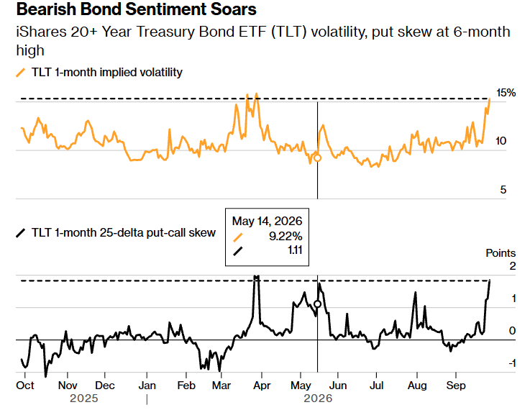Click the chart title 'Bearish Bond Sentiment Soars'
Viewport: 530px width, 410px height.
coord(136,9)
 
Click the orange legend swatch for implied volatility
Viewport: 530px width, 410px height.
coord(21,73)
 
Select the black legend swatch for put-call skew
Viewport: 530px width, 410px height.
coord(21,233)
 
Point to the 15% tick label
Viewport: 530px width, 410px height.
coord(506,93)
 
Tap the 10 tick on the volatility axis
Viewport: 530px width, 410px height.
coord(501,141)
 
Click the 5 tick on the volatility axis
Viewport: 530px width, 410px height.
coord(503,190)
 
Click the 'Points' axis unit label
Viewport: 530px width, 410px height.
coord(501,252)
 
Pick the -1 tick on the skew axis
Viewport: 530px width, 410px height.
coord(512,363)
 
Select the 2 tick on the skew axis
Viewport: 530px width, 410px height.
coord(513,266)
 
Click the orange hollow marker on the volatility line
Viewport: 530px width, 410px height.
coord(317,158)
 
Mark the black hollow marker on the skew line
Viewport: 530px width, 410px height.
coord(317,304)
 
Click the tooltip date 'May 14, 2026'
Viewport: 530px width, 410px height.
coord(267,221)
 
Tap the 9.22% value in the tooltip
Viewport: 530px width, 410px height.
coord(285,236)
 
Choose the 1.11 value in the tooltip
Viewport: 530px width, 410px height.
coord(295,250)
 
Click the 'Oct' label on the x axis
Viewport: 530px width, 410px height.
coord(25,386)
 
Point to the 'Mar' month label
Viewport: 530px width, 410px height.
coord(221,386)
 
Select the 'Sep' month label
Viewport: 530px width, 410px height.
coord(456,386)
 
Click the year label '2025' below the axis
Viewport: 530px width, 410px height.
coord(84,398)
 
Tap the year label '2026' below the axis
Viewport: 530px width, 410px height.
coord(318,398)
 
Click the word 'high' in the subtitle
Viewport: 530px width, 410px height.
coord(30,50)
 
